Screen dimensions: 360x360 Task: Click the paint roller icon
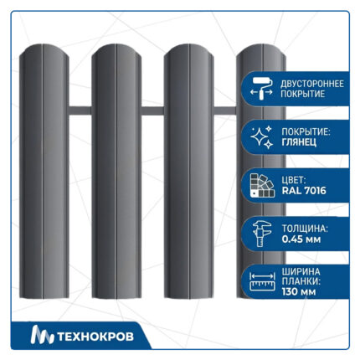tap(261, 89)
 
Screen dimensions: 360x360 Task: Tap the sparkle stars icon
tap(261, 137)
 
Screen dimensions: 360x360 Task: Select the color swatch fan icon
tap(262, 186)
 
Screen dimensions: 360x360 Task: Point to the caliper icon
tap(262, 234)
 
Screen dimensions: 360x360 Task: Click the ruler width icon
tap(262, 281)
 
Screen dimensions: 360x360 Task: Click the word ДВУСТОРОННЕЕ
tap(312, 84)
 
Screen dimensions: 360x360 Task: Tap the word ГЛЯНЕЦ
tap(299, 142)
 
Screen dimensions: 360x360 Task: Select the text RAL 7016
tap(304, 191)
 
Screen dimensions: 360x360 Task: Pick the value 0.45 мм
tap(301, 239)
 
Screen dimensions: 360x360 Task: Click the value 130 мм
tap(299, 292)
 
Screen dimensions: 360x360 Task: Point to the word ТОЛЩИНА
tap(305, 229)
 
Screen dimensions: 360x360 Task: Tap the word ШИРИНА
tap(301, 271)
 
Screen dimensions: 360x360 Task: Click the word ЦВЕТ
tap(294, 180)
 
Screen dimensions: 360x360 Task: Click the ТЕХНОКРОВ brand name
tap(95, 337)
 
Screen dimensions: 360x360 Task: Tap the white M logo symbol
tap(42, 335)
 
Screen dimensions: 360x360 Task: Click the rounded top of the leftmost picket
tap(44, 49)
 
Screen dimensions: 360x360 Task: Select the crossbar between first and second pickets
tap(80, 111)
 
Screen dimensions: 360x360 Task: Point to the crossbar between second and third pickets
tap(152, 111)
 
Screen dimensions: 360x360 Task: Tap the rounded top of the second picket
tap(116, 49)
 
